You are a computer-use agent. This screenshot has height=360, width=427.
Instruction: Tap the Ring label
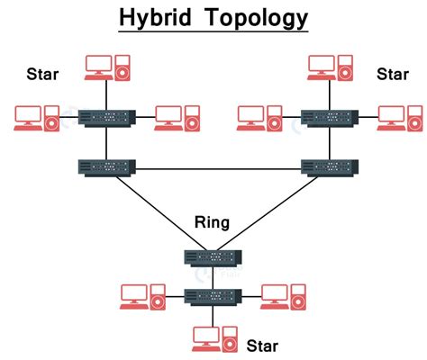212,222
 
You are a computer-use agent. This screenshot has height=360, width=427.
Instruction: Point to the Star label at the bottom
263,345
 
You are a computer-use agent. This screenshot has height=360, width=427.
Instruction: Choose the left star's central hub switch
106,117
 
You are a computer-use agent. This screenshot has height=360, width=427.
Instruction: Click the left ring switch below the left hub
106,166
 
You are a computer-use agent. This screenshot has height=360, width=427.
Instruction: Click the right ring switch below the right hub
328,166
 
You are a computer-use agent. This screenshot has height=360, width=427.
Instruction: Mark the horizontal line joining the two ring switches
216,167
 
